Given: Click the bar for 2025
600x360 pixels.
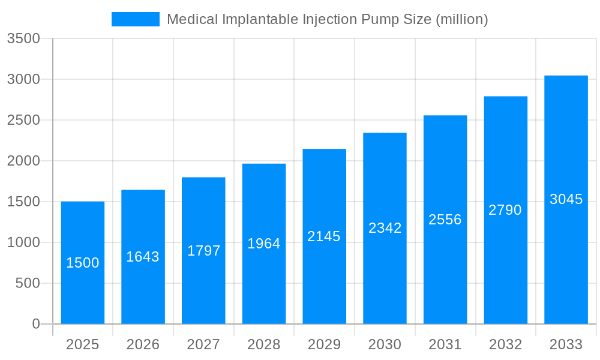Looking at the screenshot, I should [83, 288].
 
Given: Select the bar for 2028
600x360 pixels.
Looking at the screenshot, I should [264, 282].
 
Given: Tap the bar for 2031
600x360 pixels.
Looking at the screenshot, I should [445, 270].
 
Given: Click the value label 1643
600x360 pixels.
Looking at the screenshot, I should [143, 257].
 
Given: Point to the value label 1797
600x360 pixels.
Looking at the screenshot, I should [203, 251].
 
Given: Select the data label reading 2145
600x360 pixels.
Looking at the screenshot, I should [324, 236].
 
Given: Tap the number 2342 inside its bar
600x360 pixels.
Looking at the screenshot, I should [385, 228].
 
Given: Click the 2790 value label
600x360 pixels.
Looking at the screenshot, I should [505, 210].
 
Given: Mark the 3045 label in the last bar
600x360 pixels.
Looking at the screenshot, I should [566, 199].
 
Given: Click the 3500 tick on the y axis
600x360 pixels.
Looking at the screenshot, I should [23, 38].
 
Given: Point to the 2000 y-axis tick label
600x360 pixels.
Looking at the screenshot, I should [23, 161].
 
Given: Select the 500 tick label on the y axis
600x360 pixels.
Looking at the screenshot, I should [28, 283].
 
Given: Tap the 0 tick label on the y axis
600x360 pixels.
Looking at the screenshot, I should [35, 324].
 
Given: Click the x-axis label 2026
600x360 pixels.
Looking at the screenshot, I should [143, 344].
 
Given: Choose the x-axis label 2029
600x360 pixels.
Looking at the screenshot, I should [324, 344].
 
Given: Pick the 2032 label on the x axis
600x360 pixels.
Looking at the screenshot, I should [505, 344].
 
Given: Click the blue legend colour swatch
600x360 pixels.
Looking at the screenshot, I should [136, 19].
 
